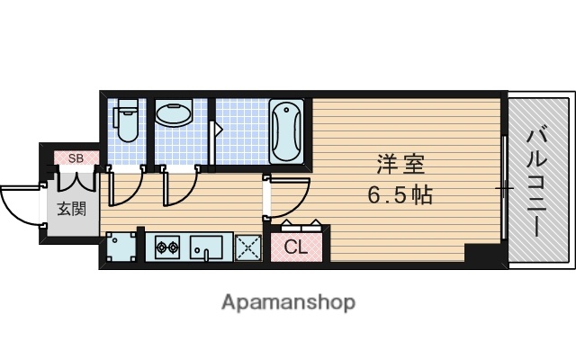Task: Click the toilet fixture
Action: [x=126, y=120]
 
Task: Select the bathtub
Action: [x=287, y=130]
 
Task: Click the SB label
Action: [x=75, y=159]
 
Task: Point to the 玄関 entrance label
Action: [x=72, y=211]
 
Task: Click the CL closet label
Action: [x=296, y=247]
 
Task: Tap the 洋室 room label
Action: [x=400, y=166]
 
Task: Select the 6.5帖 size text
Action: [x=400, y=194]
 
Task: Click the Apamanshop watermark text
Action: [x=288, y=301]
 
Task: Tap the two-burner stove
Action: [x=167, y=246]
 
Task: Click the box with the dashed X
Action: [x=247, y=247]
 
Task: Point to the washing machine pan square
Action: [x=120, y=246]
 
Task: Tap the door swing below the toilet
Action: [x=124, y=187]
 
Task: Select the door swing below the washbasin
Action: [x=177, y=187]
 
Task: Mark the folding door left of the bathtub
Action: [x=215, y=136]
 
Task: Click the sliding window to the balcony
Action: [x=505, y=189]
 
